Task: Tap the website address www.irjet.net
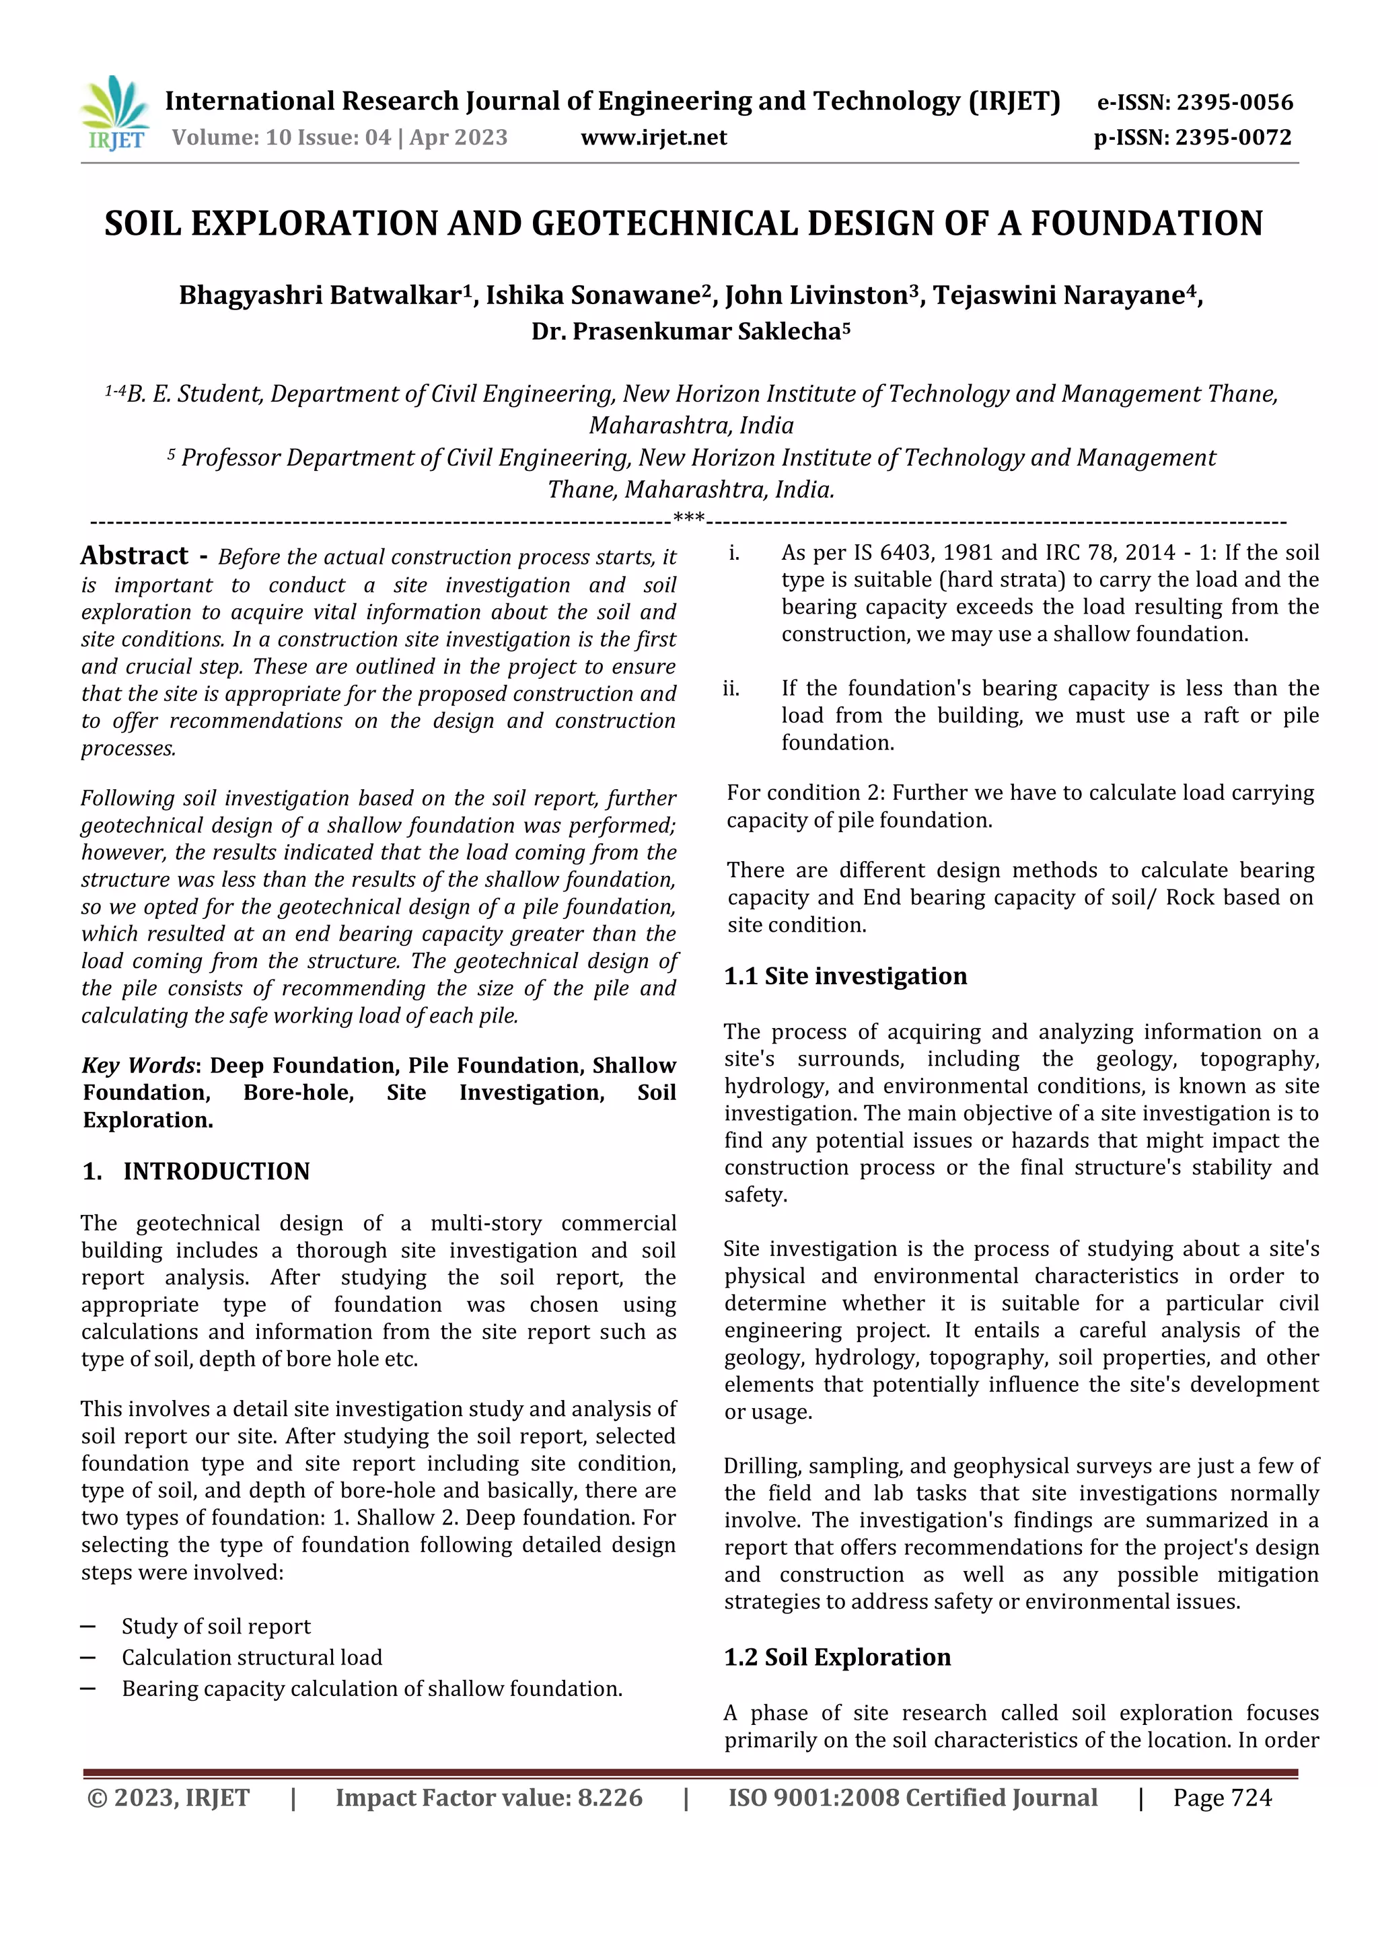(x=654, y=137)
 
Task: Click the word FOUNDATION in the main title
(x=1147, y=224)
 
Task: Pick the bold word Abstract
(x=134, y=556)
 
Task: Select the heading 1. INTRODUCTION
(x=196, y=1171)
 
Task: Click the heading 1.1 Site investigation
(x=845, y=976)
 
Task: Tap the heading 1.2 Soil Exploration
(x=837, y=1657)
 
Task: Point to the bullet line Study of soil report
(x=216, y=1627)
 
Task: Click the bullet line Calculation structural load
(x=252, y=1657)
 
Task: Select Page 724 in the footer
(x=1222, y=1797)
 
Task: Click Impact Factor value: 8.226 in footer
(x=489, y=1797)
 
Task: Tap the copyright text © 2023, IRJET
(x=168, y=1797)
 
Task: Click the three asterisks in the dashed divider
(x=688, y=516)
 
